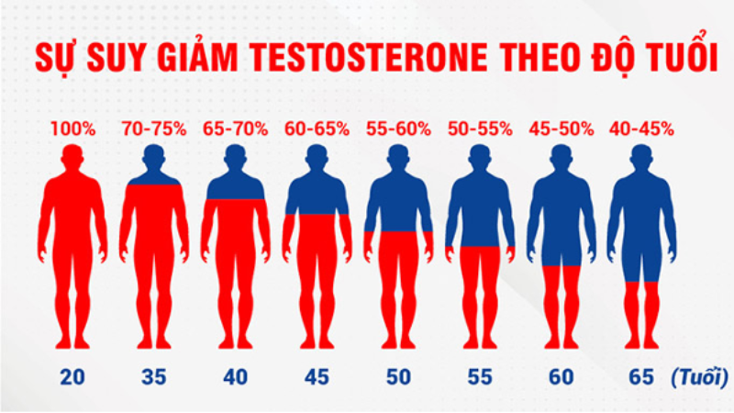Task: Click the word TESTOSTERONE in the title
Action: coord(369,58)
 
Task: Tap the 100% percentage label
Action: coord(73,128)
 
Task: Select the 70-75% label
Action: coord(154,128)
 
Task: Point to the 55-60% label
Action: coord(398,128)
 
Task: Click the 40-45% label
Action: coord(641,128)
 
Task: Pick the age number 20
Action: coord(72,377)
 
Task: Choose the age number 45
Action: coord(317,377)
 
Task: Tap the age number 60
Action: coord(561,377)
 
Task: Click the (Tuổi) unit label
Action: coord(699,377)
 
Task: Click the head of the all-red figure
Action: coord(72,157)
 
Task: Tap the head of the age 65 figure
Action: coord(641,157)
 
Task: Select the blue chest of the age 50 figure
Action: coord(398,204)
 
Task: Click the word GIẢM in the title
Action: coord(197,56)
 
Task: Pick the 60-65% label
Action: coord(317,128)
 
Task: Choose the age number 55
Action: coord(480,377)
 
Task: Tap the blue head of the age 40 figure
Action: coord(236,157)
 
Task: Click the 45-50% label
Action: coord(562,128)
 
